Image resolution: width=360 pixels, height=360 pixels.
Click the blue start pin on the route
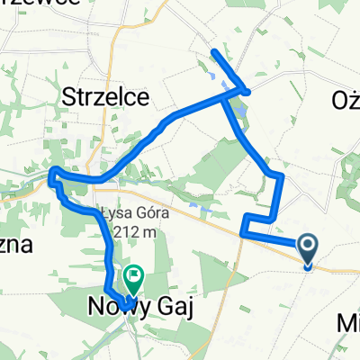tap(307, 249)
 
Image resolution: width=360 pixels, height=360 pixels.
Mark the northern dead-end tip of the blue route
tap(214, 52)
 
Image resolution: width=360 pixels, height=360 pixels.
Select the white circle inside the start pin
tap(307, 244)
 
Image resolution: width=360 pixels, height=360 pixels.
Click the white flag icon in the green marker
tap(134, 274)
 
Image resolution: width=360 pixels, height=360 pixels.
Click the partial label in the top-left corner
tap(54, 4)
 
